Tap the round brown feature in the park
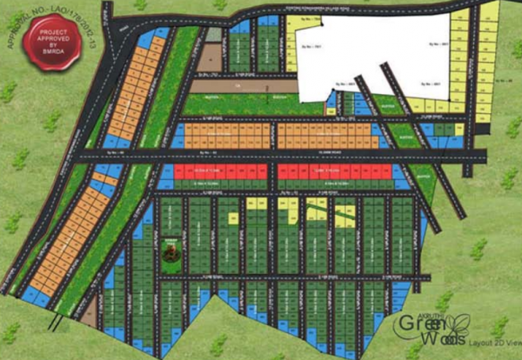coord(171,252)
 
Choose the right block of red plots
coord(326,172)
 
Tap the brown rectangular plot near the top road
coord(210,57)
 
